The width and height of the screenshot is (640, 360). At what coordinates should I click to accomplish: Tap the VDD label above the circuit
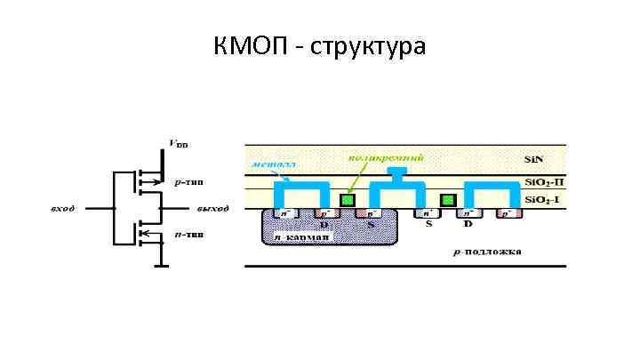pyautogui.click(x=178, y=142)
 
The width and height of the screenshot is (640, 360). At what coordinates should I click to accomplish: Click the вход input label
pyautogui.click(x=62, y=209)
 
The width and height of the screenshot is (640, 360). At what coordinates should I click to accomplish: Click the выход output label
pyautogui.click(x=212, y=209)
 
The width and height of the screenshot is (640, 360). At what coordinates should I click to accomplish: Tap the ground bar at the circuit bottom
pyautogui.click(x=160, y=264)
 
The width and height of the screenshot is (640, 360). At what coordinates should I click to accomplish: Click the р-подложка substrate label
pyautogui.click(x=488, y=252)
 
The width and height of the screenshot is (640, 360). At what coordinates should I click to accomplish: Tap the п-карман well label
pyautogui.click(x=302, y=237)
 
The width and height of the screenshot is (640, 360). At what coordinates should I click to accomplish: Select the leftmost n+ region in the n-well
pyautogui.click(x=284, y=214)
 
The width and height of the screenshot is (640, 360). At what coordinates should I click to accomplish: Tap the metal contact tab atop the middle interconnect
pyautogui.click(x=398, y=171)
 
